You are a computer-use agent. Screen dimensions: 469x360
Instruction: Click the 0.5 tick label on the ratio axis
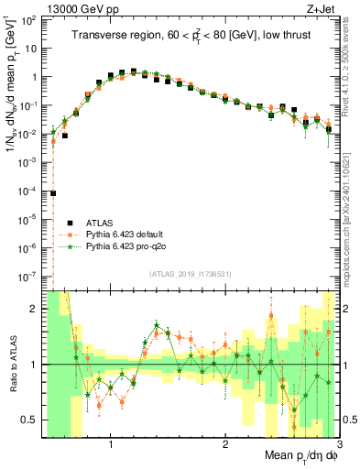coord(31,420)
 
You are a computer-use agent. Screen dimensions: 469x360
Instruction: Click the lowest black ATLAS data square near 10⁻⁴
coord(54,193)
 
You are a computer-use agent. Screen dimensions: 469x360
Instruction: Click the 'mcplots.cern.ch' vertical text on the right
coord(352,229)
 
